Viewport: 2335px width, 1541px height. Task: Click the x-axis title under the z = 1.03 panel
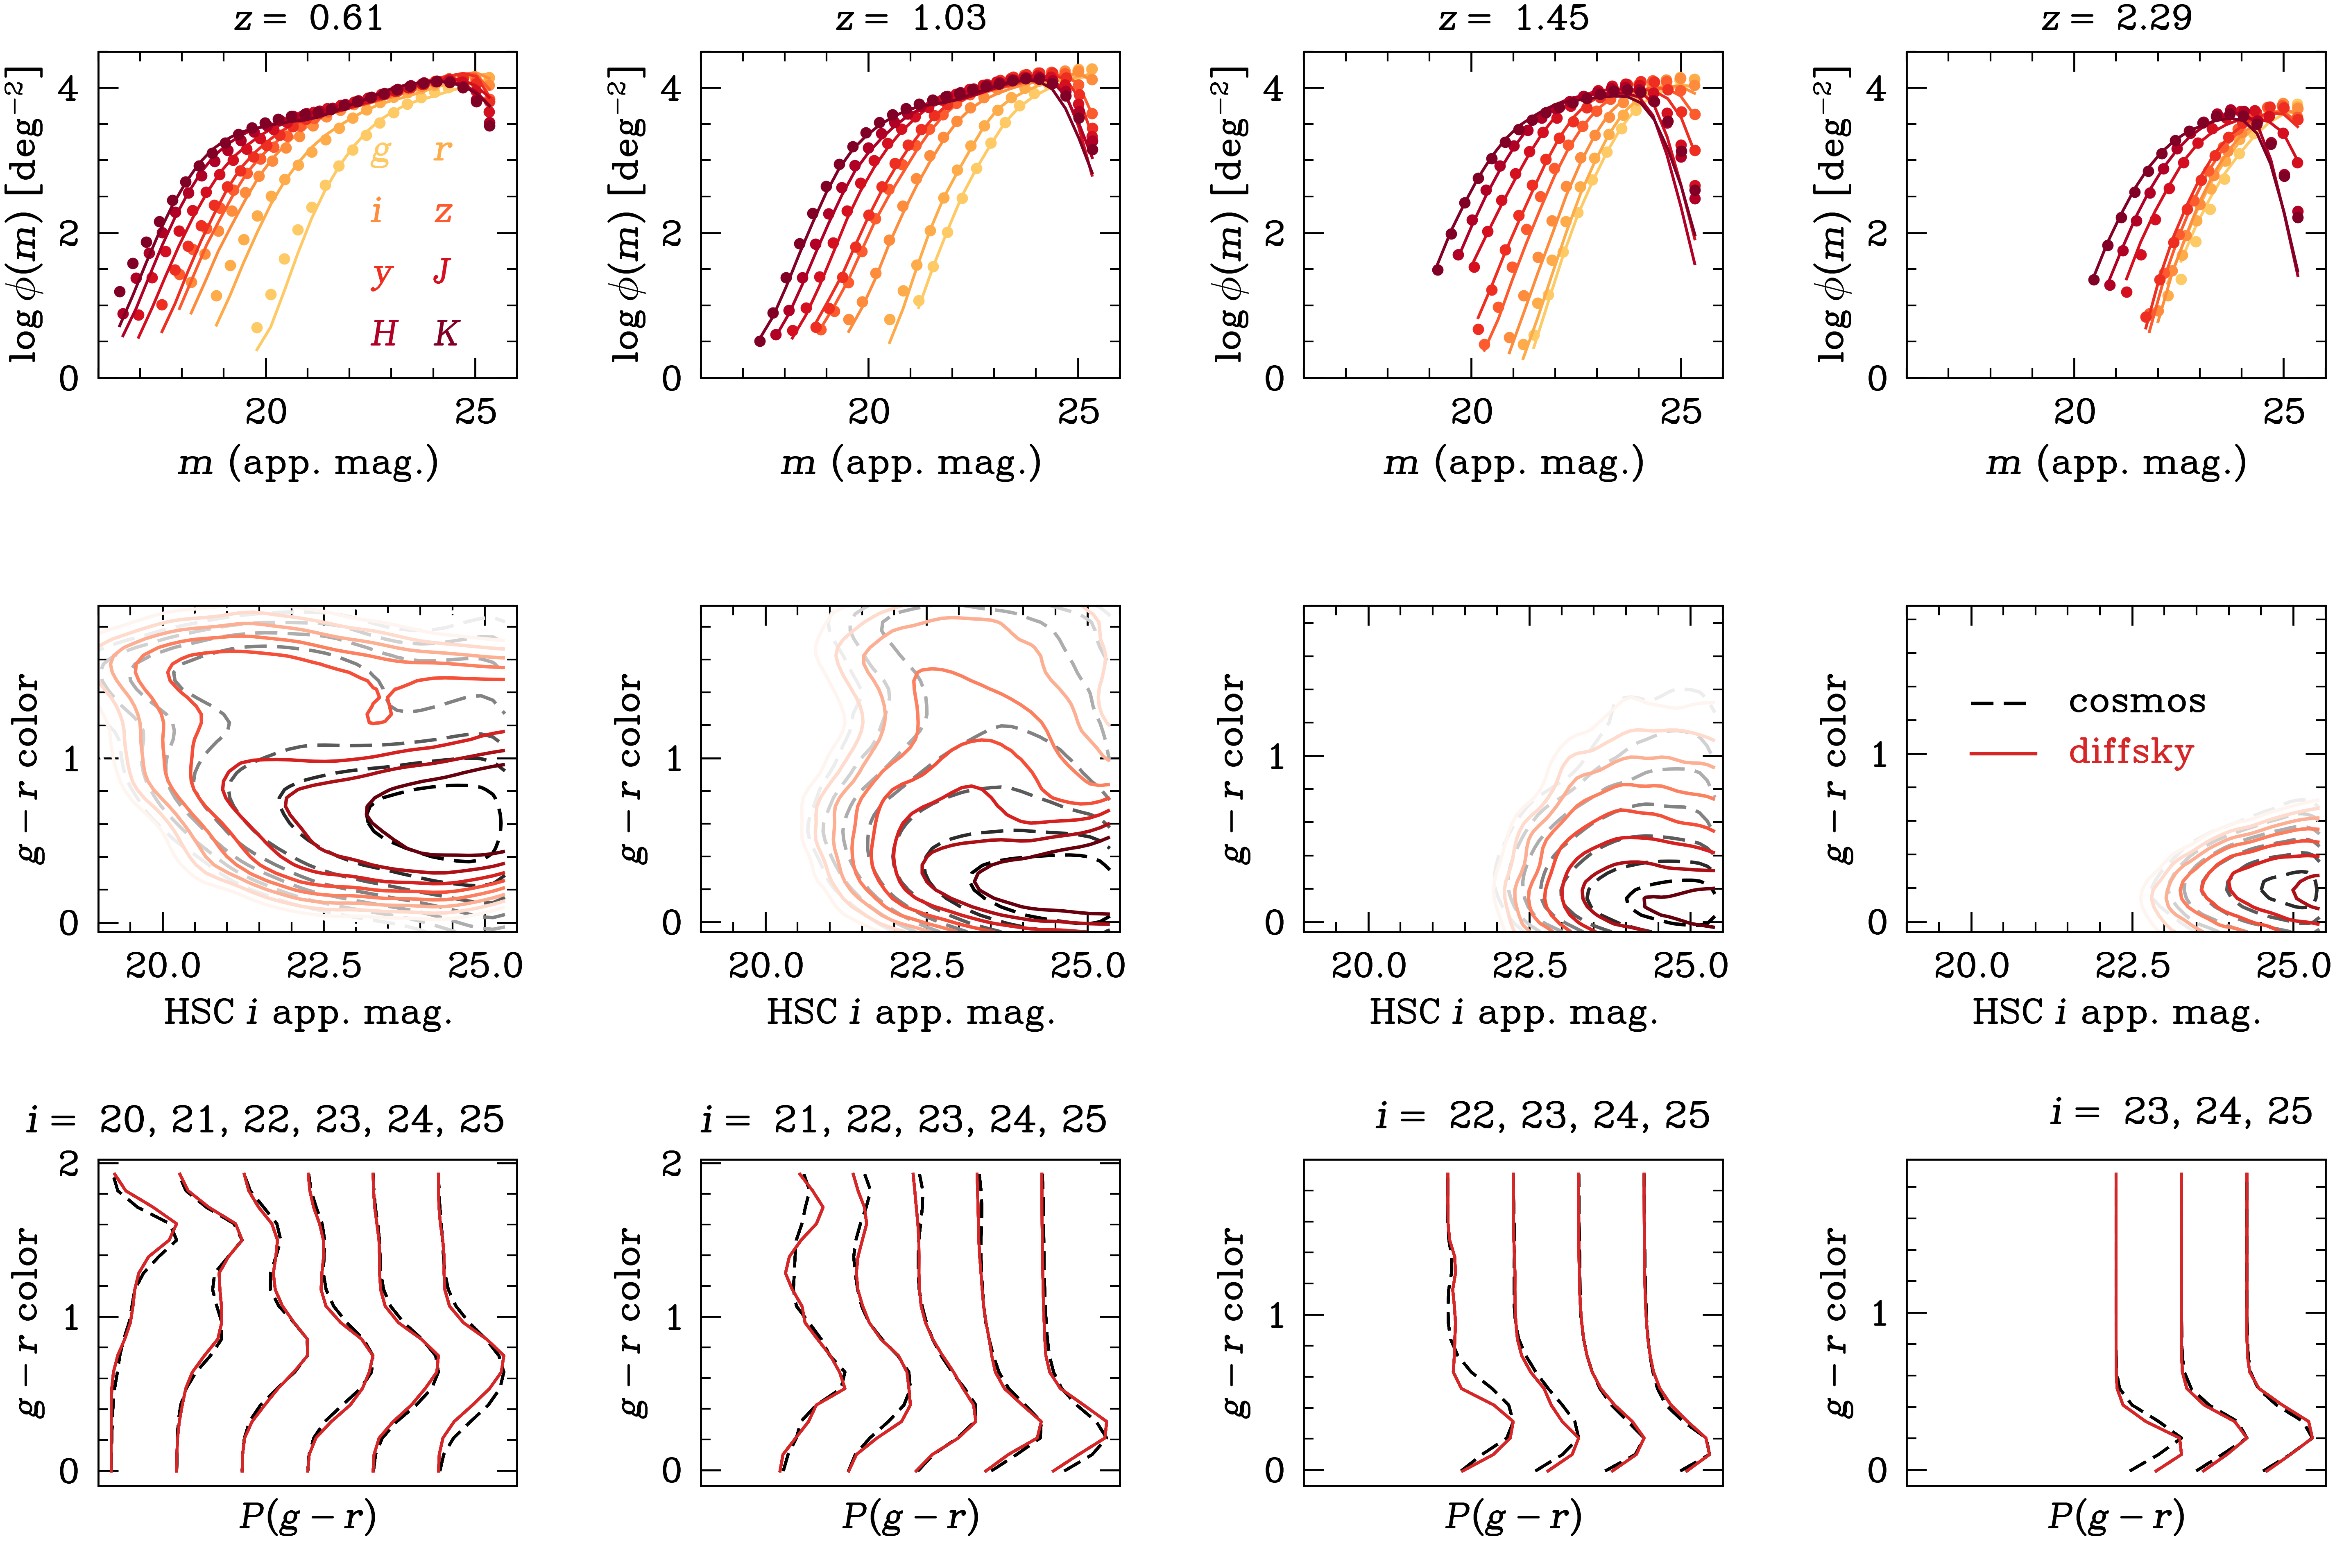910,462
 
